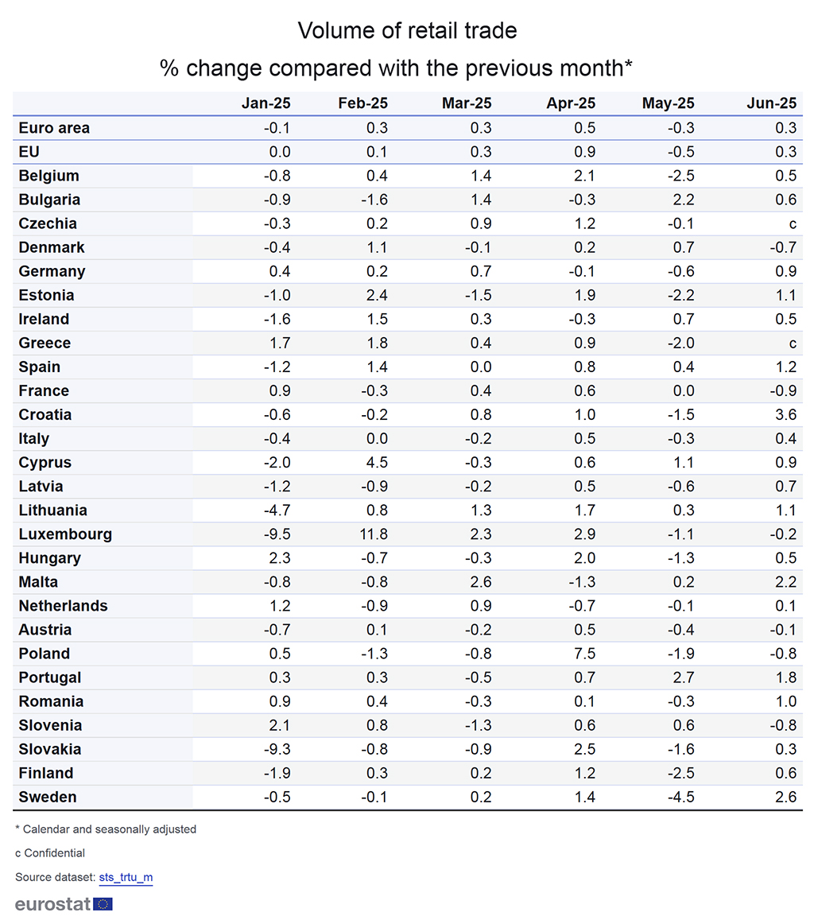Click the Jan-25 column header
(266, 103)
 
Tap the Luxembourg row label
(65, 534)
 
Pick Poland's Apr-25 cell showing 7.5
(584, 654)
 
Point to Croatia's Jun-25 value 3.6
(786, 414)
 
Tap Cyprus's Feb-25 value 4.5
(376, 463)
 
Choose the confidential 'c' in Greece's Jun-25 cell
(793, 344)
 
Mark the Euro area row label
(54, 128)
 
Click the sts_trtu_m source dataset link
(126, 877)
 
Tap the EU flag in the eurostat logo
(103, 903)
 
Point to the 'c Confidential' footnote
(50, 853)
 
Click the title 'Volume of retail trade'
(407, 31)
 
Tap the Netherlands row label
(63, 606)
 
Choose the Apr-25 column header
(571, 103)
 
